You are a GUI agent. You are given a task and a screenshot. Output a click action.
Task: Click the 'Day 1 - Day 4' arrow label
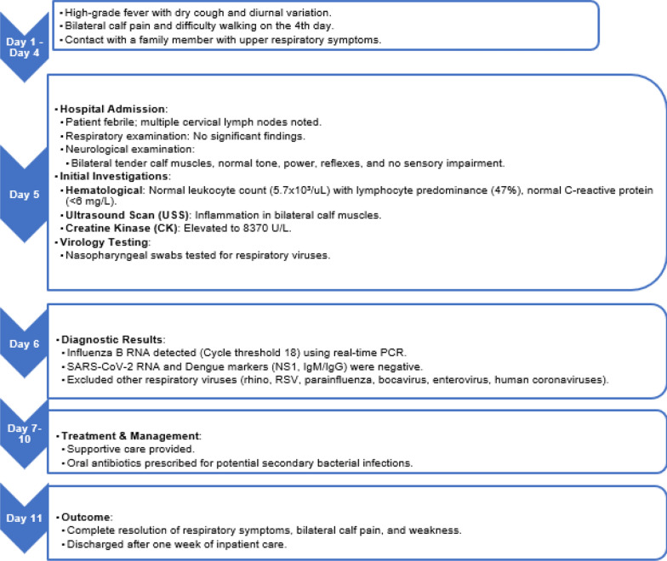click(x=26, y=37)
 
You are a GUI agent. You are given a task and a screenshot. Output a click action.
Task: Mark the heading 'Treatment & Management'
click(x=119, y=434)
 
